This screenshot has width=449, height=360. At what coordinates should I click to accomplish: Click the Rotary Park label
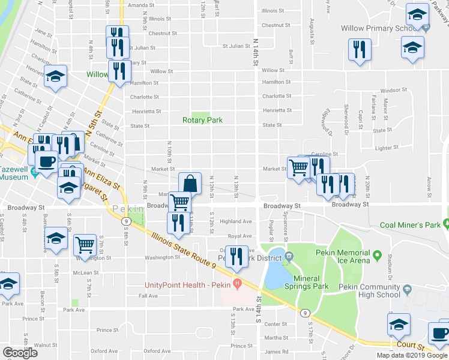[203, 120]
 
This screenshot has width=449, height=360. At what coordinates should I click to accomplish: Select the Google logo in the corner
[20, 353]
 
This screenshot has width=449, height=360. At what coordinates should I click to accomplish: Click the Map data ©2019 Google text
[411, 355]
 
